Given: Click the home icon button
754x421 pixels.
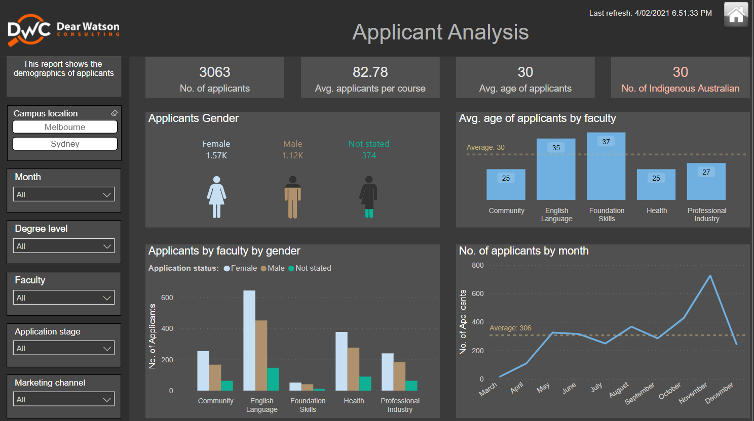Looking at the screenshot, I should coord(736,14).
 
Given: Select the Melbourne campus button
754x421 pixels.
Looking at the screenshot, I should coord(65,127).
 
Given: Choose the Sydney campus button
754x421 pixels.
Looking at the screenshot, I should coord(65,144).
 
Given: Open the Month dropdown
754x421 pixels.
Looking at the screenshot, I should coord(64,194).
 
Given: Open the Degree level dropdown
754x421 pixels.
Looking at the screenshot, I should coord(64,246).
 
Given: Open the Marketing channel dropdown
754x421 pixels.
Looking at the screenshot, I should coord(64,399).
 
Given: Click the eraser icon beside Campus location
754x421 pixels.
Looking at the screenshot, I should coord(114,113).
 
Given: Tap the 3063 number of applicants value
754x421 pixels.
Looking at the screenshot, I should coord(214,72).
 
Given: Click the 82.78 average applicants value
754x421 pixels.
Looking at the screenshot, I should coord(370,72).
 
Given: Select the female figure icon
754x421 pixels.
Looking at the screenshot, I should coord(216,197).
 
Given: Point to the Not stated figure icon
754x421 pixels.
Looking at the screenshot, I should coord(369,197).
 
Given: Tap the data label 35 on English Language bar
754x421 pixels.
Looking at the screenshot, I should coord(556,148).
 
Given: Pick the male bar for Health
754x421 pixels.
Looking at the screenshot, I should coord(353,369).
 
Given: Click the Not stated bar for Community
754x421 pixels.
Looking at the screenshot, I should coord(227,386).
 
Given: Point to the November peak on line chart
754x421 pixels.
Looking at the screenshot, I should coord(710,276).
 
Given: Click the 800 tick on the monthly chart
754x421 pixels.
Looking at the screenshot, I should coord(477,265).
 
